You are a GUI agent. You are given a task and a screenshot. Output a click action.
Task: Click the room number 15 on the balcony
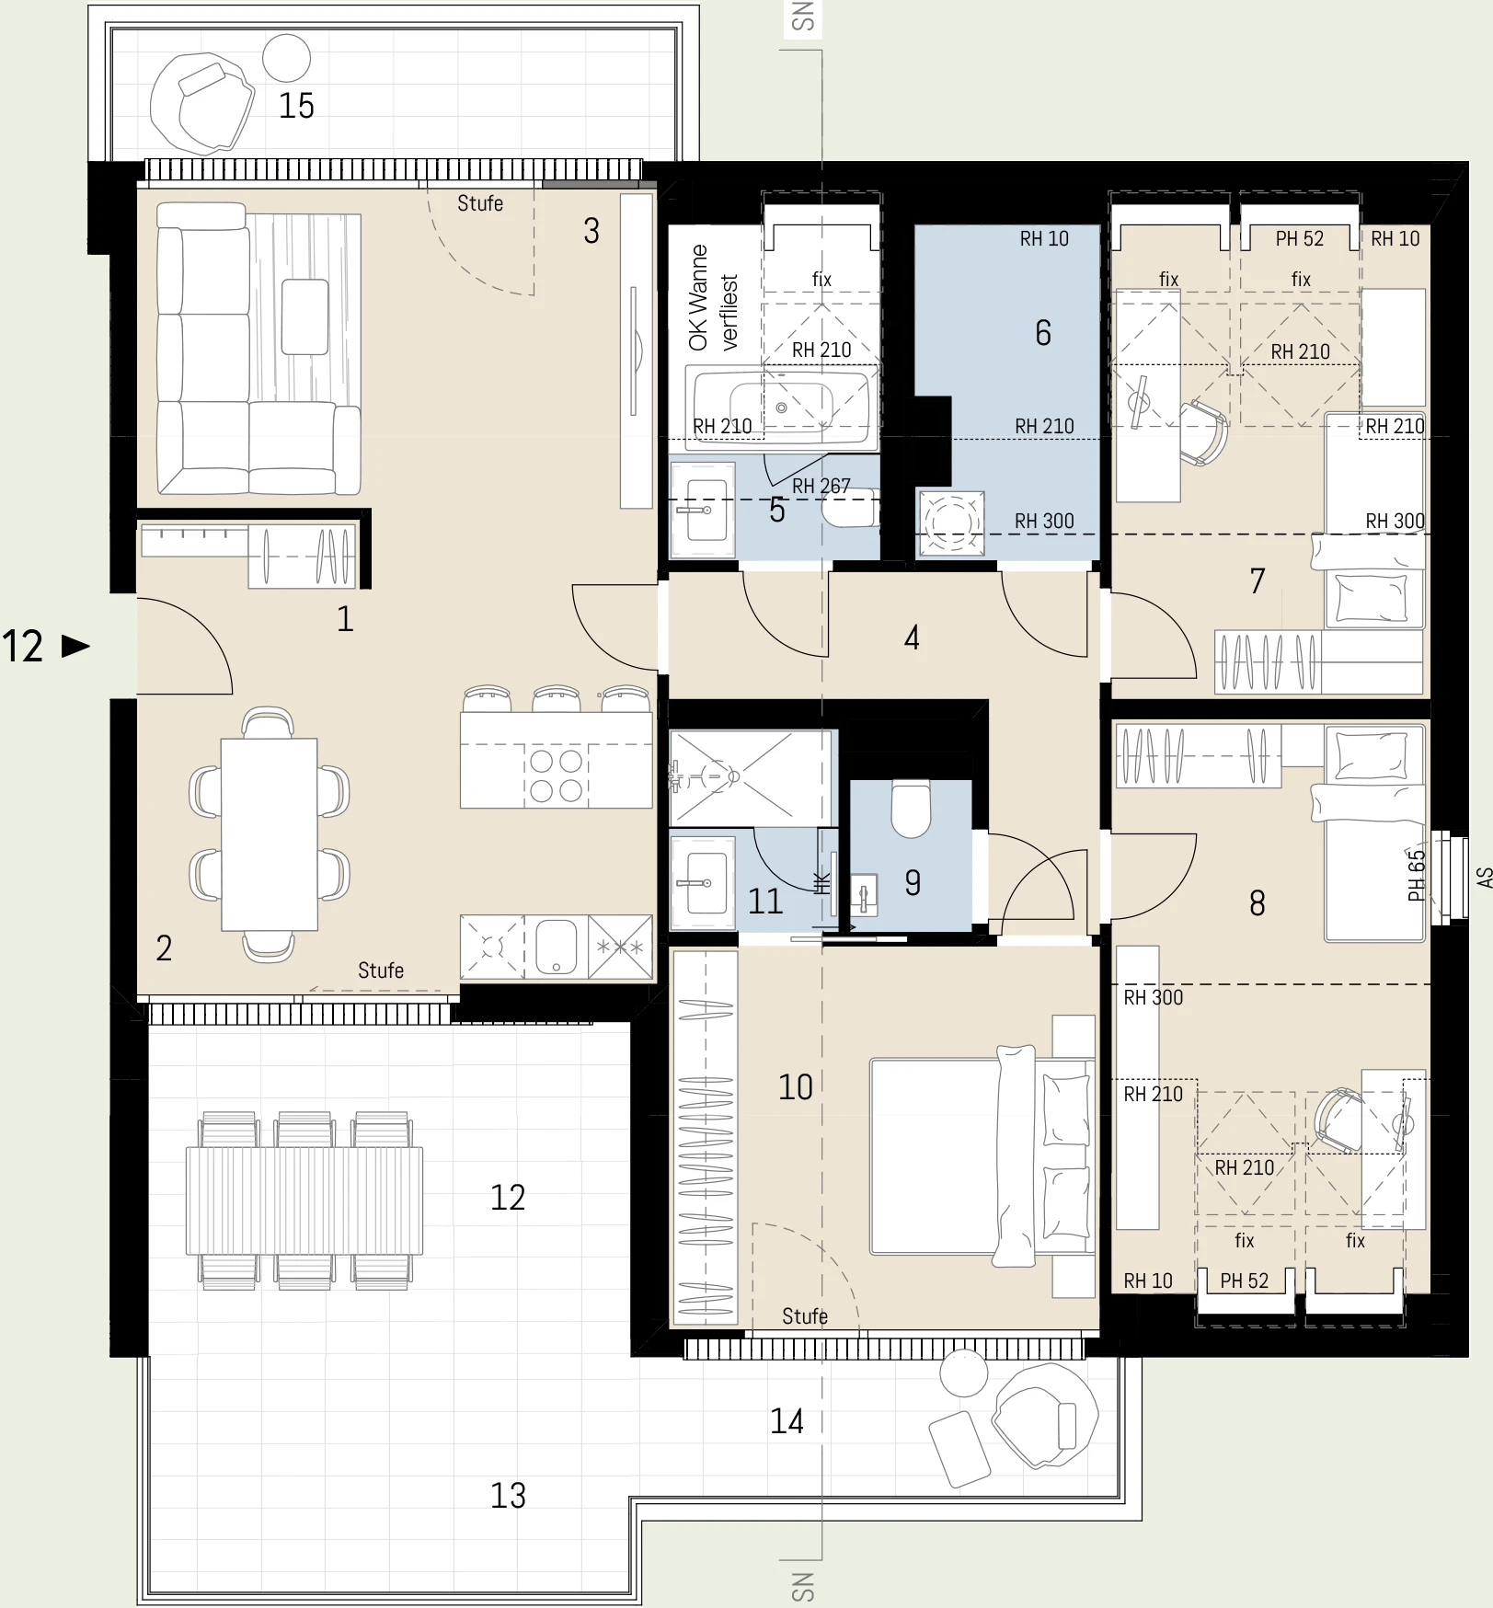coord(296,106)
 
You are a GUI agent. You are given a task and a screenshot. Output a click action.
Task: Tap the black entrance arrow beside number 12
coord(75,646)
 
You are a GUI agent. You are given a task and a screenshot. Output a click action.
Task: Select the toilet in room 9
coord(911,809)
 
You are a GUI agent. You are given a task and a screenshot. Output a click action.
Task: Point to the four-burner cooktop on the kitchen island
coord(557,775)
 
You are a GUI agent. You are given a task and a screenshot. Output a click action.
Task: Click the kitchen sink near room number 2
coord(556,946)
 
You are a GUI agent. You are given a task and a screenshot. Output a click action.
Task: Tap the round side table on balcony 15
coord(286,58)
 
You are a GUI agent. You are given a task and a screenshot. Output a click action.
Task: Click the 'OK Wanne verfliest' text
coord(713,298)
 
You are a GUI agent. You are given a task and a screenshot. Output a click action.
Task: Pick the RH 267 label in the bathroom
coord(821,485)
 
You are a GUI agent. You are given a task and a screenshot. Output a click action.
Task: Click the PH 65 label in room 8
coord(1416,875)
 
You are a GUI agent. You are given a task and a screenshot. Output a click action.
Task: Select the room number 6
coord(1042,332)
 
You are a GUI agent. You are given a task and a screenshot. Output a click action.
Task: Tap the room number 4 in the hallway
coord(912,637)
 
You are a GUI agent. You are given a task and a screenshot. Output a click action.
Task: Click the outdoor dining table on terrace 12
coord(304,1200)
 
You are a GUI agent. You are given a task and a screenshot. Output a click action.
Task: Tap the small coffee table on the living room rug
coord(304,316)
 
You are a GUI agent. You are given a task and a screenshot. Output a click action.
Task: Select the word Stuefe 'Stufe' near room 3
coord(480,203)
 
